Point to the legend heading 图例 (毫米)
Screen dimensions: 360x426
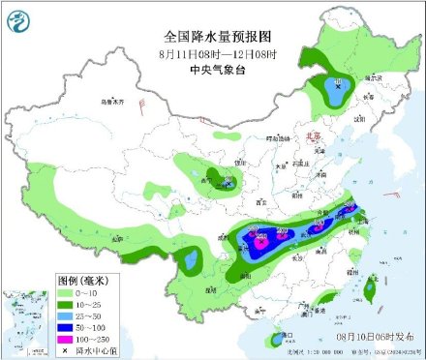(37, 279)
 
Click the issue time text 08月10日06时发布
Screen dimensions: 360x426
(372, 333)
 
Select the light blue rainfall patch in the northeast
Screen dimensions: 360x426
(337, 94)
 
